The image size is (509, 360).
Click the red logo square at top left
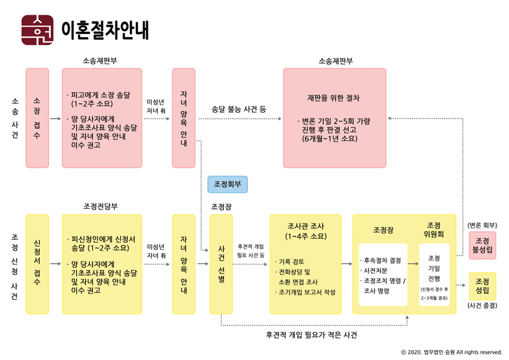tap(38, 29)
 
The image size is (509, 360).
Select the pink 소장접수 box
tap(36, 117)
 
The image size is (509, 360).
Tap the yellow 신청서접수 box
tap(36, 263)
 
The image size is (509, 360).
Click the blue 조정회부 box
tap(227, 184)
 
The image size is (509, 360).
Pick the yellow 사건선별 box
tap(221, 263)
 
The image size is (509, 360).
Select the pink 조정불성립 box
tap(482, 245)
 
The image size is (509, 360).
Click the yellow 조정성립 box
tap(482, 286)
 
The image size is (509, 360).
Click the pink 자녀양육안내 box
tap(184, 117)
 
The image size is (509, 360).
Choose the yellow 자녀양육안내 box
tap(184, 263)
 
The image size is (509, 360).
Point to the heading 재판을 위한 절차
tap(333, 98)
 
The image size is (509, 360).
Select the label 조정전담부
tap(101, 206)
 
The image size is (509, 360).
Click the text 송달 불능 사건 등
tap(239, 108)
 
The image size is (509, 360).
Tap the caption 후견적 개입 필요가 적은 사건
tap(311, 335)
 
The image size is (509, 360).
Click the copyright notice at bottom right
tap(451, 352)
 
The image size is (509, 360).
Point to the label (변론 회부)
tap(482, 225)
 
